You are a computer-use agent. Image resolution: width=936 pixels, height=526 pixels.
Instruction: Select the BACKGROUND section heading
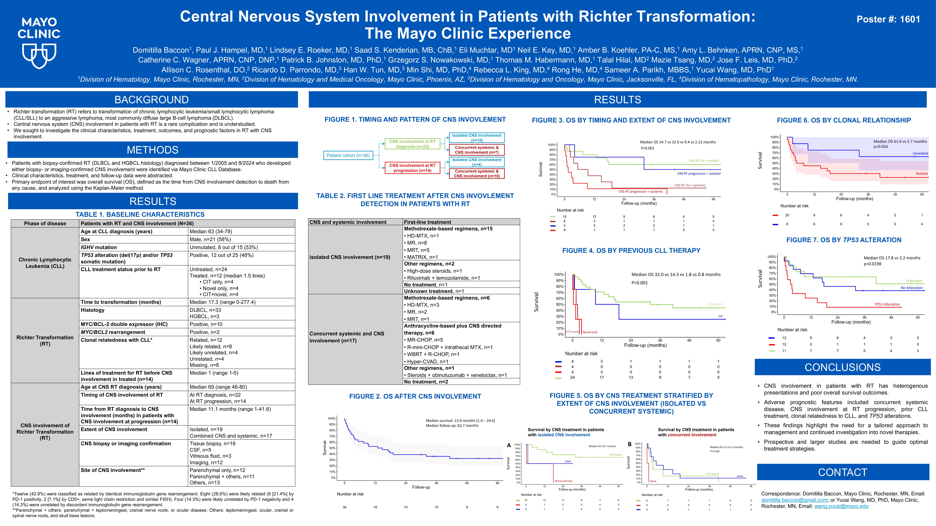pos(151,99)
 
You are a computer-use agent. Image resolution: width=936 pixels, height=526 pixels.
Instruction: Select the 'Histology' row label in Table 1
pos(93,310)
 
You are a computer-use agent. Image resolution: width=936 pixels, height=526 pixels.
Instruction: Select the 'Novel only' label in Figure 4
pos(590,332)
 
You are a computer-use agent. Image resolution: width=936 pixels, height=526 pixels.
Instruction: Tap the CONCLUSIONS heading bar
pos(842,367)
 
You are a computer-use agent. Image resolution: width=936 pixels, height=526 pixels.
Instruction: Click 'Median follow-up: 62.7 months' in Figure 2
pos(452,425)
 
